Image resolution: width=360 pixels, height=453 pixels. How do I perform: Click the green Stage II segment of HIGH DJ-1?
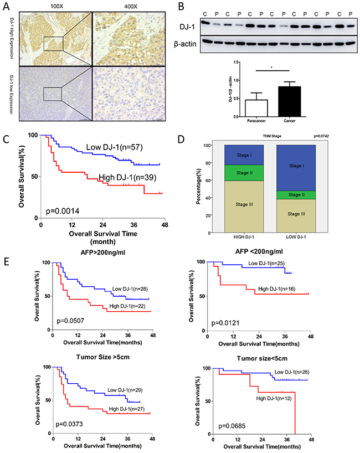[244, 173]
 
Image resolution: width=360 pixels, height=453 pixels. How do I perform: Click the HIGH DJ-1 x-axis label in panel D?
[244, 238]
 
